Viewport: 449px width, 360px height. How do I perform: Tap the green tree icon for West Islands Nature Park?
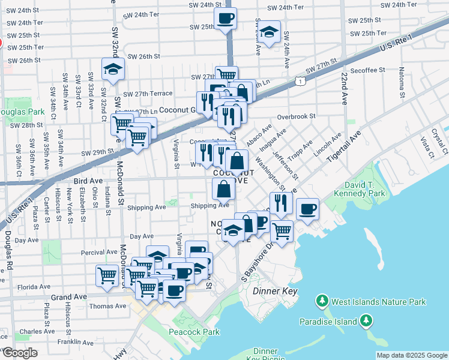pos(322,301)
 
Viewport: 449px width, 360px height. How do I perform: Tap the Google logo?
pos(19,353)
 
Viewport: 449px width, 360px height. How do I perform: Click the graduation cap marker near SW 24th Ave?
pos(270,32)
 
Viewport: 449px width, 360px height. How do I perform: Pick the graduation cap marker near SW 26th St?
pos(113,70)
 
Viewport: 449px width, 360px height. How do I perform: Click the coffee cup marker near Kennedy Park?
pos(307,209)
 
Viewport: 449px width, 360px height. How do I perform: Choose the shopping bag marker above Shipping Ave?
pos(223,190)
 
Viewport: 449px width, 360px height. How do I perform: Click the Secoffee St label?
pos(368,70)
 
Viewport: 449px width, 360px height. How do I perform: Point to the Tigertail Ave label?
pos(345,148)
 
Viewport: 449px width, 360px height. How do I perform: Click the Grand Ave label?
pos(70,297)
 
